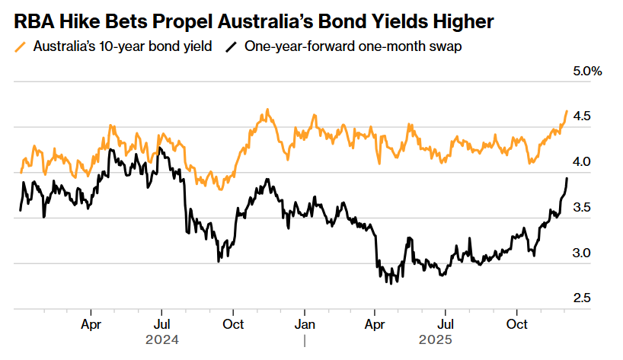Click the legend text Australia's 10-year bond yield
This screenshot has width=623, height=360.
pyautogui.click(x=121, y=46)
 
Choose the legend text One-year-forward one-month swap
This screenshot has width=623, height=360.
pyautogui.click(x=353, y=46)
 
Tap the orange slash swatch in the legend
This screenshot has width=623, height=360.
pyautogui.click(x=21, y=46)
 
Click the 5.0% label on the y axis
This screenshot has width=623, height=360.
pyautogui.click(x=587, y=72)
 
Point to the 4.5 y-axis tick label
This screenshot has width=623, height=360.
pyautogui.click(x=582, y=116)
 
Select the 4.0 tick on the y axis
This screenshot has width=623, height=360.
pyautogui.click(x=582, y=162)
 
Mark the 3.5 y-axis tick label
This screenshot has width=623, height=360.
pyautogui.click(x=582, y=207)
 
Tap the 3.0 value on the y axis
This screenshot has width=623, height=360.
pyautogui.click(x=582, y=253)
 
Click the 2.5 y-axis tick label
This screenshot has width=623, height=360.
pyautogui.click(x=582, y=298)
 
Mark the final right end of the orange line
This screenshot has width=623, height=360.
pyautogui.click(x=567, y=111)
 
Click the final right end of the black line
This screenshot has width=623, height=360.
pyautogui.click(x=567, y=178)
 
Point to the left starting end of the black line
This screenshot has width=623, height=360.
pyautogui.click(x=20, y=210)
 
